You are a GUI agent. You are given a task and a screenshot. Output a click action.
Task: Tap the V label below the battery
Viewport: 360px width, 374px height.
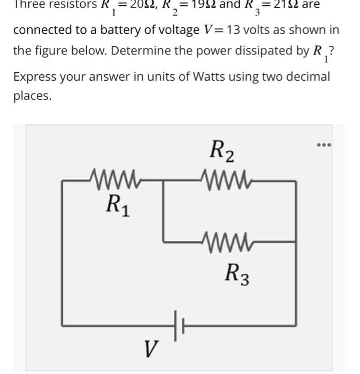click(x=151, y=350)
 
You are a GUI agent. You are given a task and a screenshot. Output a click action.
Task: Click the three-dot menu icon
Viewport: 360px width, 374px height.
click(x=324, y=144)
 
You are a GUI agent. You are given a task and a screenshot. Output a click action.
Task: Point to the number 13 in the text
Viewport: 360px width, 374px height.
click(x=233, y=29)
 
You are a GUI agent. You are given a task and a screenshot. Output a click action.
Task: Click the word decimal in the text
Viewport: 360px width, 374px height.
click(x=309, y=76)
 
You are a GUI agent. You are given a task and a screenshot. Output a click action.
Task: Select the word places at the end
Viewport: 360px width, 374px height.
click(x=32, y=96)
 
